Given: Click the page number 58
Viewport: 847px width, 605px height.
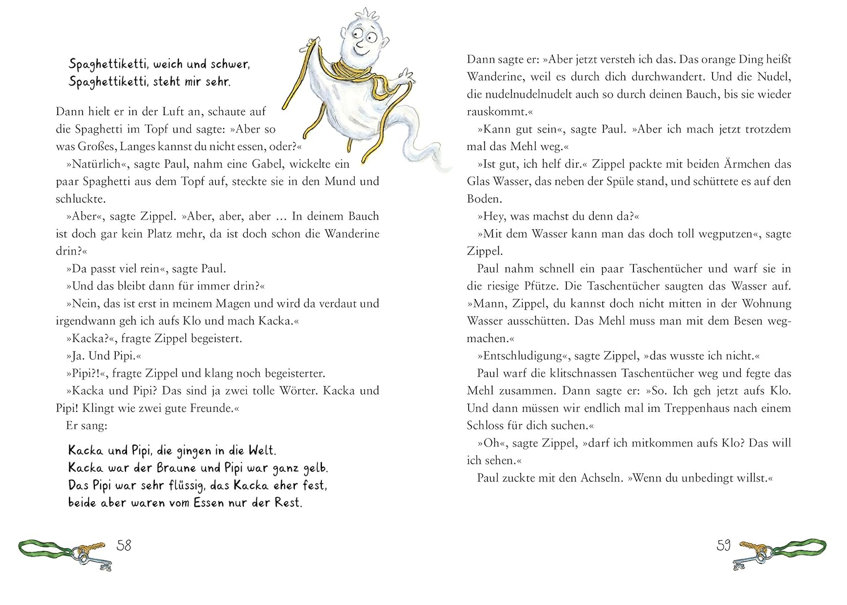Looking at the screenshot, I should pos(124,545).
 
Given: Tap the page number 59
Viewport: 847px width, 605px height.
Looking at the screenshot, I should pos(723,545).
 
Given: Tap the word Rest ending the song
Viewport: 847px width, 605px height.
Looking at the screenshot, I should pos(289,503).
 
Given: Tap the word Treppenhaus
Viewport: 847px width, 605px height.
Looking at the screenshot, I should pos(667,408).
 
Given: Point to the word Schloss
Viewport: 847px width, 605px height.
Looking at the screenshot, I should pos(489,426).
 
